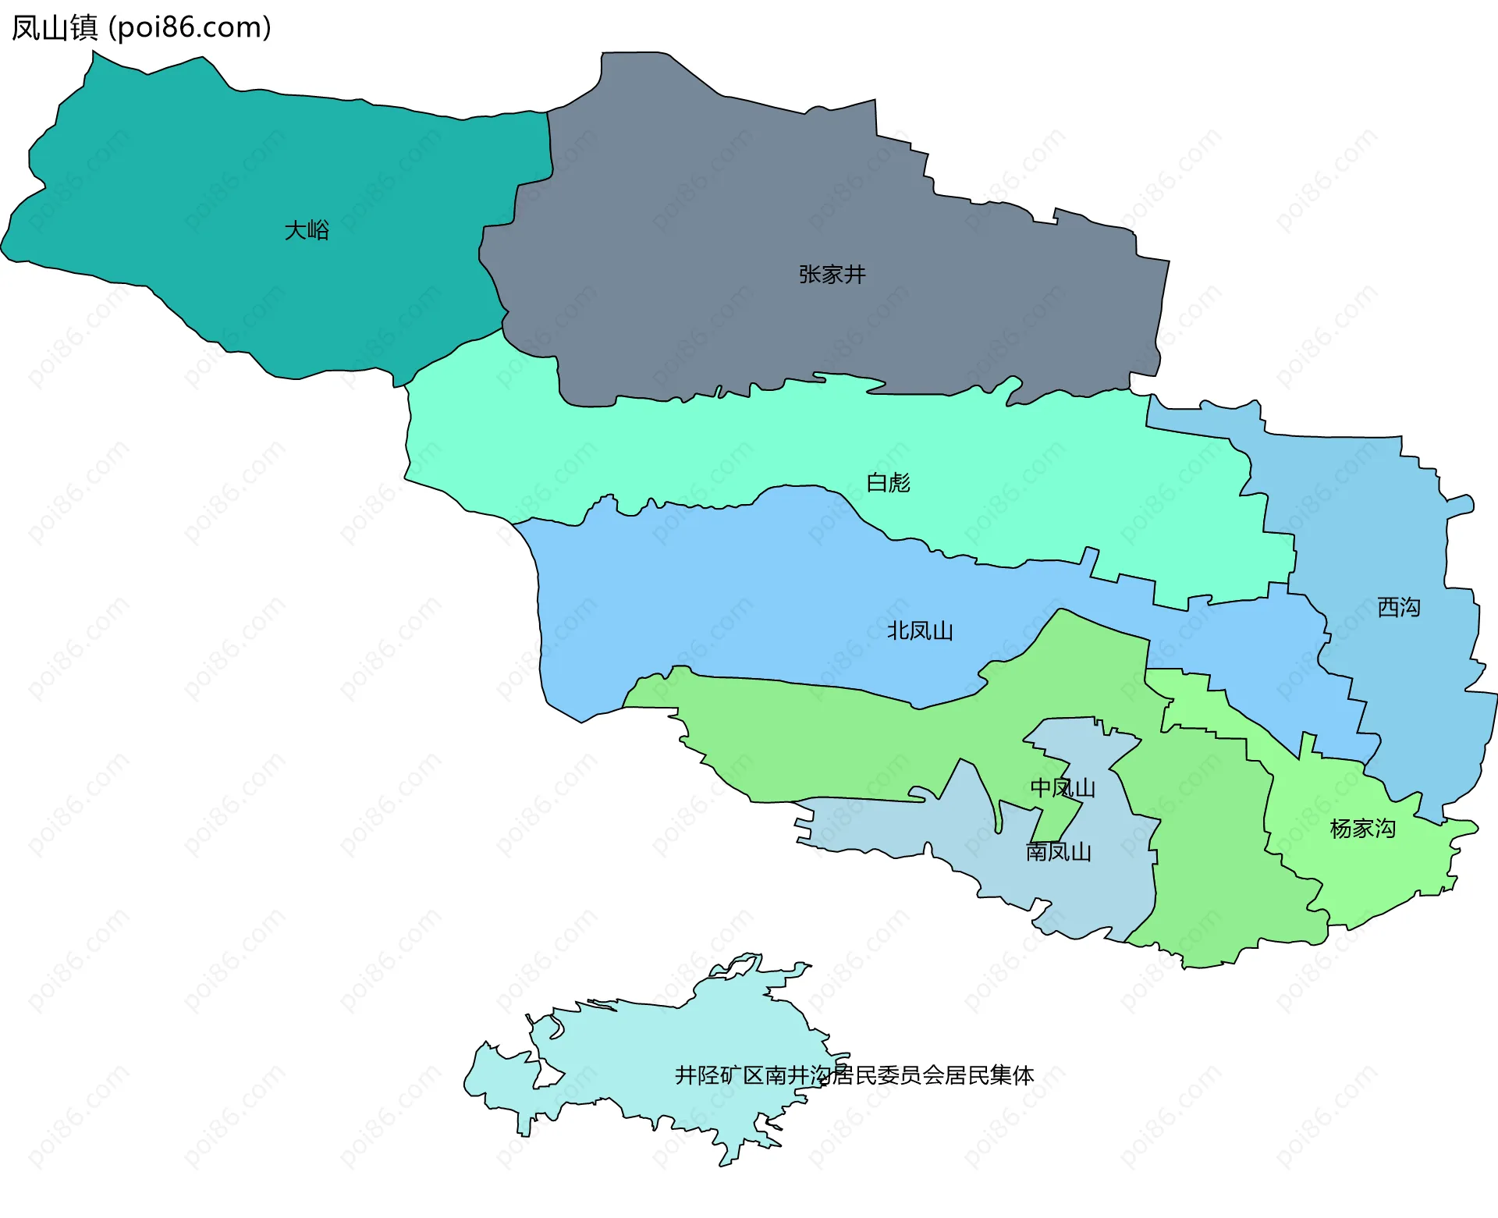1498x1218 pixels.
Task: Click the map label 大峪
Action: tap(307, 230)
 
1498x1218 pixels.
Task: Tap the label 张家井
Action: tap(832, 275)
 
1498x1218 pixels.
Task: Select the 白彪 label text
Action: tap(888, 483)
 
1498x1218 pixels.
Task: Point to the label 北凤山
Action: tap(920, 630)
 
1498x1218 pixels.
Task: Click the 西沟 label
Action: tap(1398, 607)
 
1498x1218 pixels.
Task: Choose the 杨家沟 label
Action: tap(1362, 829)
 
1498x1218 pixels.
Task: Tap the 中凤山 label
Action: tap(1063, 788)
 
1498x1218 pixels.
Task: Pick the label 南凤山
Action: tap(1058, 852)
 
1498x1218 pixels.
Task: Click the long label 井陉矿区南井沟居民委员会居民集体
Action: tap(854, 1075)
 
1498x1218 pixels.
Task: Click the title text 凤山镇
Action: tap(55, 28)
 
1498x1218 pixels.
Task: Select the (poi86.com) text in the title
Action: tap(190, 28)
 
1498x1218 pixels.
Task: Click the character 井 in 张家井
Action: tap(855, 275)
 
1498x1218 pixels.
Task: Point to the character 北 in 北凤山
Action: tap(898, 630)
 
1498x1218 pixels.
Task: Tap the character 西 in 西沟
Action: tap(1387, 607)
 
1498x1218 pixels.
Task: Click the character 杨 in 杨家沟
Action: tap(1340, 829)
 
